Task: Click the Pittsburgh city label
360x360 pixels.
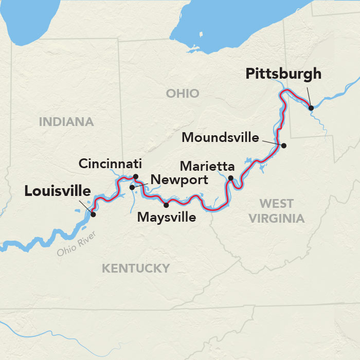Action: (x=283, y=74)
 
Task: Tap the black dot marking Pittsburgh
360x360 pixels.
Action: (x=311, y=107)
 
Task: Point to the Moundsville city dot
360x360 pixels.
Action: (x=283, y=146)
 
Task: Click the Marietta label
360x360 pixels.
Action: (x=207, y=167)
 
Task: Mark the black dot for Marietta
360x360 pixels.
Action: (x=231, y=178)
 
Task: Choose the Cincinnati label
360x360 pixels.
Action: (x=110, y=164)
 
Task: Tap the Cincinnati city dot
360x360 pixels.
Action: (x=136, y=177)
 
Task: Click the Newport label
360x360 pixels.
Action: (x=178, y=180)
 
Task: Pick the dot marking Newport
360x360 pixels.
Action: (x=132, y=187)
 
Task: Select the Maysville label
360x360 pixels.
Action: (x=167, y=218)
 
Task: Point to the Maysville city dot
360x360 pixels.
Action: (x=166, y=205)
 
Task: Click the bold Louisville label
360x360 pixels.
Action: (x=58, y=191)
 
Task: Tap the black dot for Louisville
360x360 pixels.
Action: (x=93, y=214)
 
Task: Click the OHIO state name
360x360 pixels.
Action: (x=182, y=93)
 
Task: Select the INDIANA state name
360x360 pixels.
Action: (x=66, y=122)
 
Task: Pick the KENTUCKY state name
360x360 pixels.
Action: (x=135, y=268)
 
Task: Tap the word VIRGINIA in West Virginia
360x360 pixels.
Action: (x=277, y=218)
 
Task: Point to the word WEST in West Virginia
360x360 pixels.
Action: (x=277, y=203)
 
